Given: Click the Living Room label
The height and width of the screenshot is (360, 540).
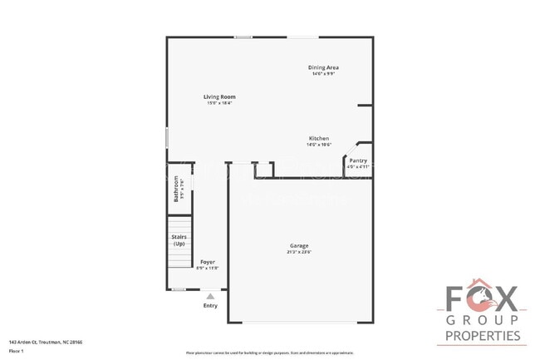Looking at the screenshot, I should [219, 97].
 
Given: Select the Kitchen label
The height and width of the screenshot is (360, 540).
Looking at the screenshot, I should [319, 138].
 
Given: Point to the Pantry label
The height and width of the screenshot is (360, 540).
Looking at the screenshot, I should [358, 160].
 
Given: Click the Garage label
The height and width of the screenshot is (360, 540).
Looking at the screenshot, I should [299, 245].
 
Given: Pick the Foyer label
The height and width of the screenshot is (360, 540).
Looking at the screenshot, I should [207, 262].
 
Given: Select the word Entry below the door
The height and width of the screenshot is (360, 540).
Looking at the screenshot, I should [210, 306].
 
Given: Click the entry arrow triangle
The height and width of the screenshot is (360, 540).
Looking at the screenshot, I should [210, 295].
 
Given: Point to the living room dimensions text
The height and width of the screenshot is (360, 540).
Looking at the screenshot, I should [219, 103].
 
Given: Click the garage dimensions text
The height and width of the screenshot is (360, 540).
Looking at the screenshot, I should [299, 251].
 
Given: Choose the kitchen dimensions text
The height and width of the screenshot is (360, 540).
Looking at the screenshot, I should [319, 145].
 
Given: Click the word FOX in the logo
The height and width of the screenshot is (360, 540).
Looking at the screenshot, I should [483, 298].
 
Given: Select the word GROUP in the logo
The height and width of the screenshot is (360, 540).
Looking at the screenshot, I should [483, 320].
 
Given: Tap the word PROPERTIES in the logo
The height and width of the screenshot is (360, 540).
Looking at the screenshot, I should [483, 336].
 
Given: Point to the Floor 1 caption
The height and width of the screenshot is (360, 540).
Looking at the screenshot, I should [17, 351].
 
